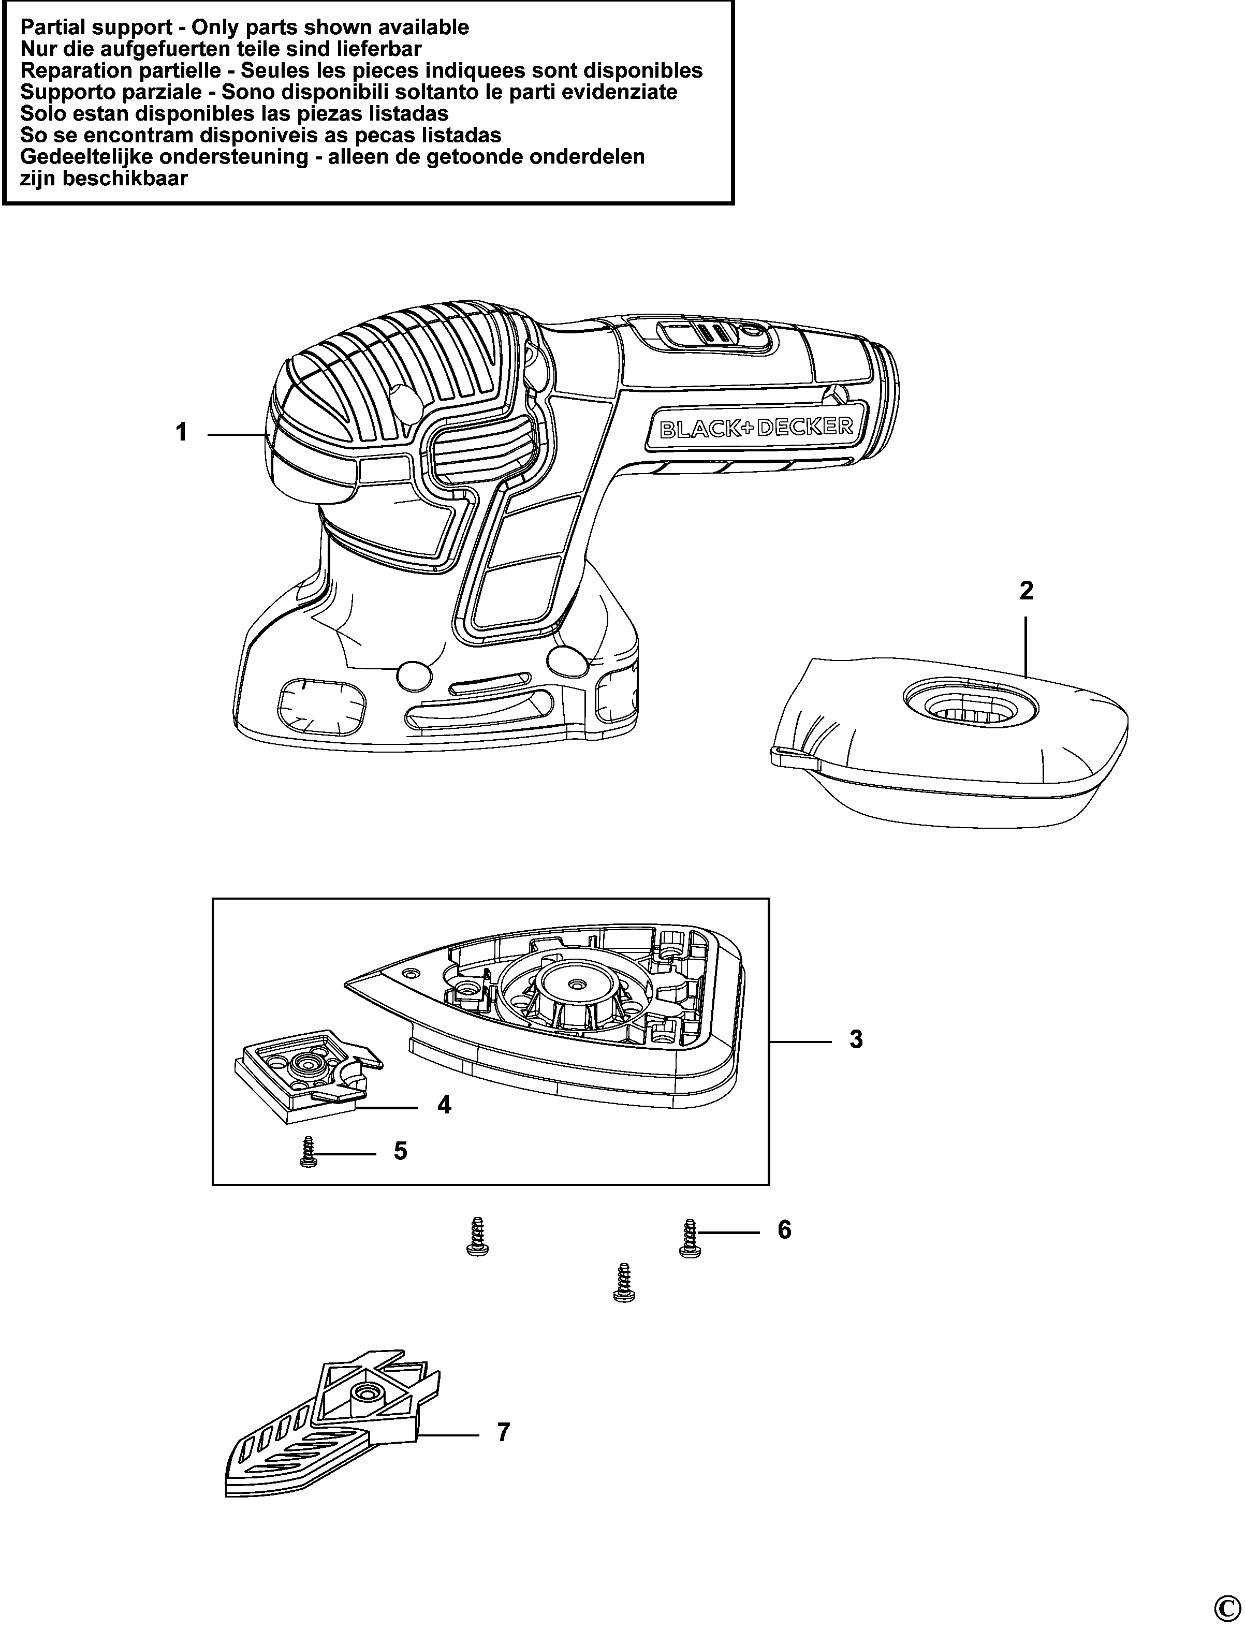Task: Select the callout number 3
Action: tap(856, 1040)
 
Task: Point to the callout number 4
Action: tap(444, 1126)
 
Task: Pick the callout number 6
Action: tap(784, 1230)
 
